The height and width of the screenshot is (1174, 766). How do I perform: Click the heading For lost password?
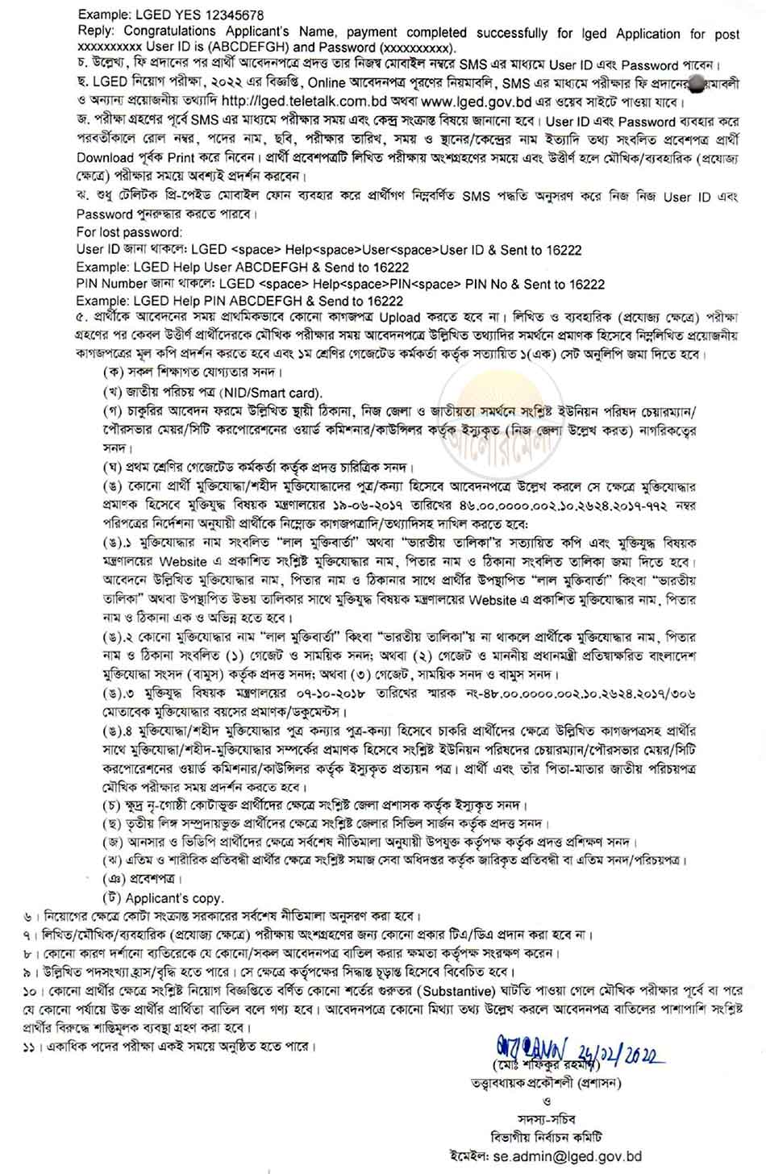pyautogui.click(x=130, y=233)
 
